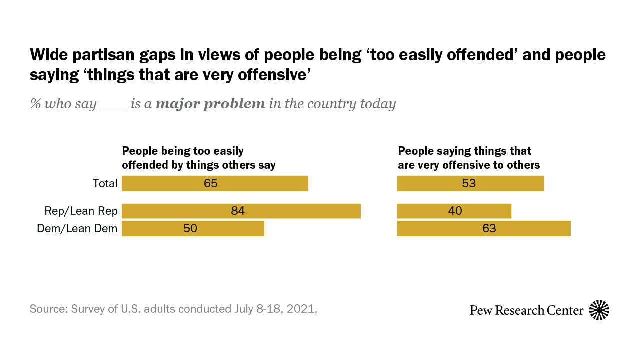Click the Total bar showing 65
215,183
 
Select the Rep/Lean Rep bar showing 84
241,211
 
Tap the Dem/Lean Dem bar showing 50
193,228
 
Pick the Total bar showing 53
470,183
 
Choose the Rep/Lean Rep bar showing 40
454,211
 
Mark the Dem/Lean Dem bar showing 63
483,228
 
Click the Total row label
105,183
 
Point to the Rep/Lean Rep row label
81,211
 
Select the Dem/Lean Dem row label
77,228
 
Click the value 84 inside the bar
238,211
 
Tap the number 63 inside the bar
489,228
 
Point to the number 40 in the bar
455,211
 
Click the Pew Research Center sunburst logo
599,310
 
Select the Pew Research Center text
526,310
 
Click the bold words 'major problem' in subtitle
210,104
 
